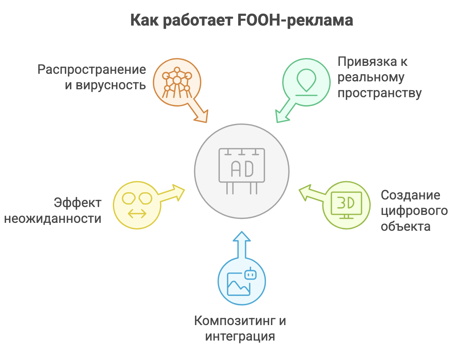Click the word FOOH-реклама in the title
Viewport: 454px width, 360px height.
pyautogui.click(x=295, y=20)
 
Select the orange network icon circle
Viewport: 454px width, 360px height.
pyautogui.click(x=177, y=82)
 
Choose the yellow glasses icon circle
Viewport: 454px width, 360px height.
pyautogui.click(x=137, y=206)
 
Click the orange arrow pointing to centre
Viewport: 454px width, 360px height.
pyautogui.click(x=200, y=113)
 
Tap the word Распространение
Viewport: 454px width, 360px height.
pyautogui.click(x=92, y=69)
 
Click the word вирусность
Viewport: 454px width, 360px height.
pyautogui.click(x=110, y=85)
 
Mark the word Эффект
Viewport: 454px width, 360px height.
pyautogui.click(x=77, y=203)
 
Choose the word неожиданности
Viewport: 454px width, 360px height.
pyautogui.click(x=53, y=219)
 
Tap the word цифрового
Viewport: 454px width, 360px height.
pyautogui.click(x=414, y=211)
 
